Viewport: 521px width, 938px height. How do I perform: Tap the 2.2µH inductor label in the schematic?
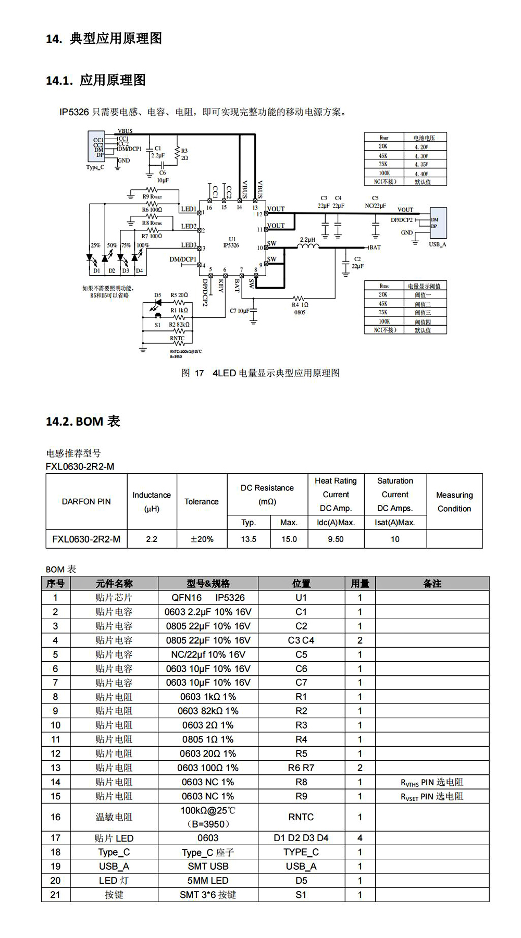coord(308,240)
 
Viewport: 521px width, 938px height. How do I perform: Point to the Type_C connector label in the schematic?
coord(95,167)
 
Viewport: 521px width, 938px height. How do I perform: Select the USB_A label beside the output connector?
coord(437,244)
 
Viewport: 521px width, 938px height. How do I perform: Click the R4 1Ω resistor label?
coord(300,305)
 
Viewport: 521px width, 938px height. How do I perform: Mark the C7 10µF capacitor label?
coord(240,311)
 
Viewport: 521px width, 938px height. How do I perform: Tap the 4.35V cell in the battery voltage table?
coord(421,164)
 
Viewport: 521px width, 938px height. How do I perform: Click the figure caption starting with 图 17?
coord(260,373)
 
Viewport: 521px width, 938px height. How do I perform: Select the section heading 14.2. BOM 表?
coord(83,421)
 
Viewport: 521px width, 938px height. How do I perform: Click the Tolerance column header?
coord(202,501)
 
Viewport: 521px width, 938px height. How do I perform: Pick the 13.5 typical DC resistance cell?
coord(249,539)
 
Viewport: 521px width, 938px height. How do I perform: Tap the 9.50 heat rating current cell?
coord(336,539)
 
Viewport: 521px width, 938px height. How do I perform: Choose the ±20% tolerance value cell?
coord(202,539)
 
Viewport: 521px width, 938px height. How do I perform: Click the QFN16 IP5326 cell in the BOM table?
coord(208,598)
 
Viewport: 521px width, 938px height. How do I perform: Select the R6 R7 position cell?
coord(301,768)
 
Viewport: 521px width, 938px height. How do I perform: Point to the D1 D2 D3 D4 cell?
coord(301,838)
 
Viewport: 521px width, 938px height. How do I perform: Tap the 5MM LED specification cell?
coord(208,881)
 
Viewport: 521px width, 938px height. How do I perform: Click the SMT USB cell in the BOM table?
coord(208,866)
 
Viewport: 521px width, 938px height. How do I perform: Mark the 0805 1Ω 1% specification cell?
coord(208,739)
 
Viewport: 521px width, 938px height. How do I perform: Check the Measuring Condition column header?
coord(454,501)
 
